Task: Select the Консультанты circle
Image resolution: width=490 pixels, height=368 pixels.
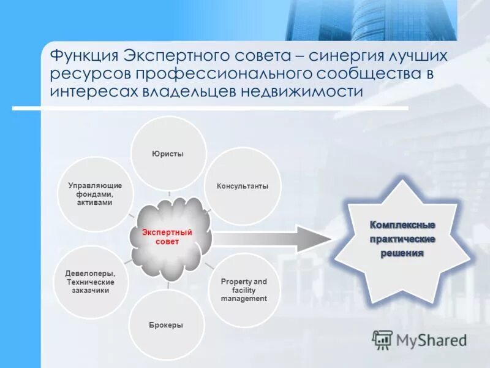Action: coord(243,186)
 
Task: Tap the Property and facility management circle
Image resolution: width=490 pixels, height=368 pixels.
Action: coord(244,289)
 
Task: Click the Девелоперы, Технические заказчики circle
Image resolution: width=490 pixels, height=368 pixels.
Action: coord(90,282)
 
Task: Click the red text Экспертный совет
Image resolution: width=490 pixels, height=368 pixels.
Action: coord(167,237)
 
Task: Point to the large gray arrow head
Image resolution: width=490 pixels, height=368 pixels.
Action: coord(309,237)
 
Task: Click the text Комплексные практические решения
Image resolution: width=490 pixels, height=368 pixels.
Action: coord(402,239)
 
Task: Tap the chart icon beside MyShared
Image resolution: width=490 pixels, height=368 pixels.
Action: coord(382,339)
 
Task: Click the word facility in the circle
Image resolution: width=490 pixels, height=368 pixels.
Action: coord(244,290)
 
